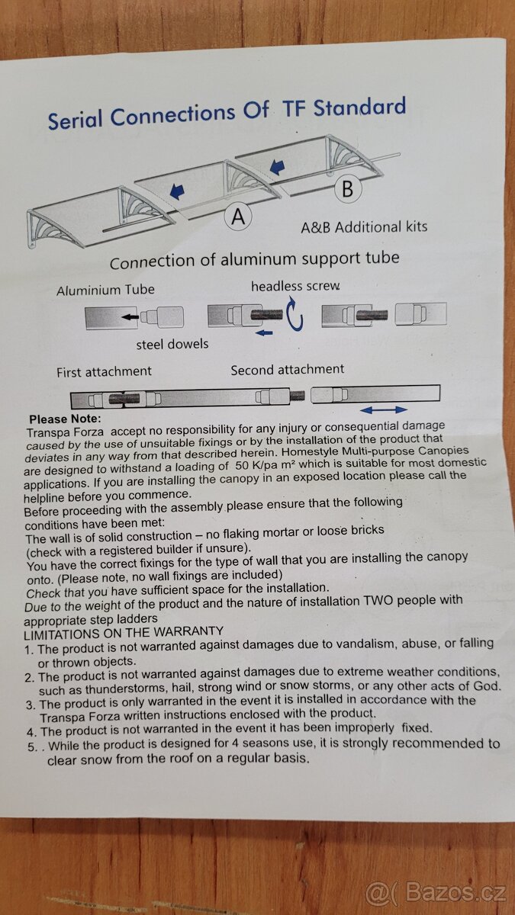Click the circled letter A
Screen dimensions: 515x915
click(238, 217)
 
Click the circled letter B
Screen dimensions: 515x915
click(347, 189)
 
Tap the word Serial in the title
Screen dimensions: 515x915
click(75, 119)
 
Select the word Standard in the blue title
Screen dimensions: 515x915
click(359, 107)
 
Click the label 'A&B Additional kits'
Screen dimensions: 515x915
click(364, 226)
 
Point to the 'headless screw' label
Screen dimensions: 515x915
click(295, 287)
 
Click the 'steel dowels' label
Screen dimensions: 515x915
click(172, 344)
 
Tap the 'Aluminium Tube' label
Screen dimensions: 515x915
click(105, 290)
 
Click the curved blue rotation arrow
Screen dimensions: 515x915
click(295, 313)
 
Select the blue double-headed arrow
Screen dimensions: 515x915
click(384, 409)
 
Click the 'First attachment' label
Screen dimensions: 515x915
click(104, 372)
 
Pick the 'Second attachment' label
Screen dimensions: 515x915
click(288, 370)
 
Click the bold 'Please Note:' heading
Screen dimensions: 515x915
click(65, 419)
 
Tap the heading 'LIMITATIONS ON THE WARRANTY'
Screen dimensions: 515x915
click(124, 633)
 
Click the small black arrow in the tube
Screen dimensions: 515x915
click(130, 316)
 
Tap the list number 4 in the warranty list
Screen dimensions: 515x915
click(32, 731)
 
